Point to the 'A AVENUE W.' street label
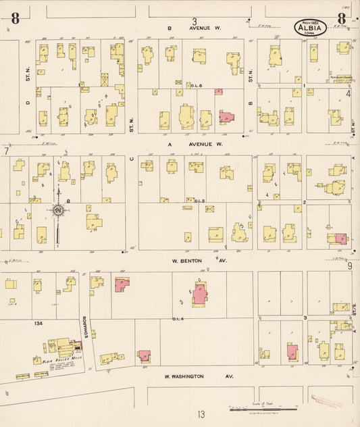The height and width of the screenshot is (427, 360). pos(195,144)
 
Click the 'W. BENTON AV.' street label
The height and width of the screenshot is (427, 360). pos(197,259)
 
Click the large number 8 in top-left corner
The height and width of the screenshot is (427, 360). pos(14,18)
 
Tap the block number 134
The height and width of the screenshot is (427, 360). pos(39,324)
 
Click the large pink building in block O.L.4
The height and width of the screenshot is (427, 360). pos(200,295)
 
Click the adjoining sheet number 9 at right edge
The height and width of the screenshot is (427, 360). pos(350,266)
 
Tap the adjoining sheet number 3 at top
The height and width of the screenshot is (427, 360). pos(195,21)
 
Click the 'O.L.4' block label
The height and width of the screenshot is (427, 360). pos(178,318)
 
